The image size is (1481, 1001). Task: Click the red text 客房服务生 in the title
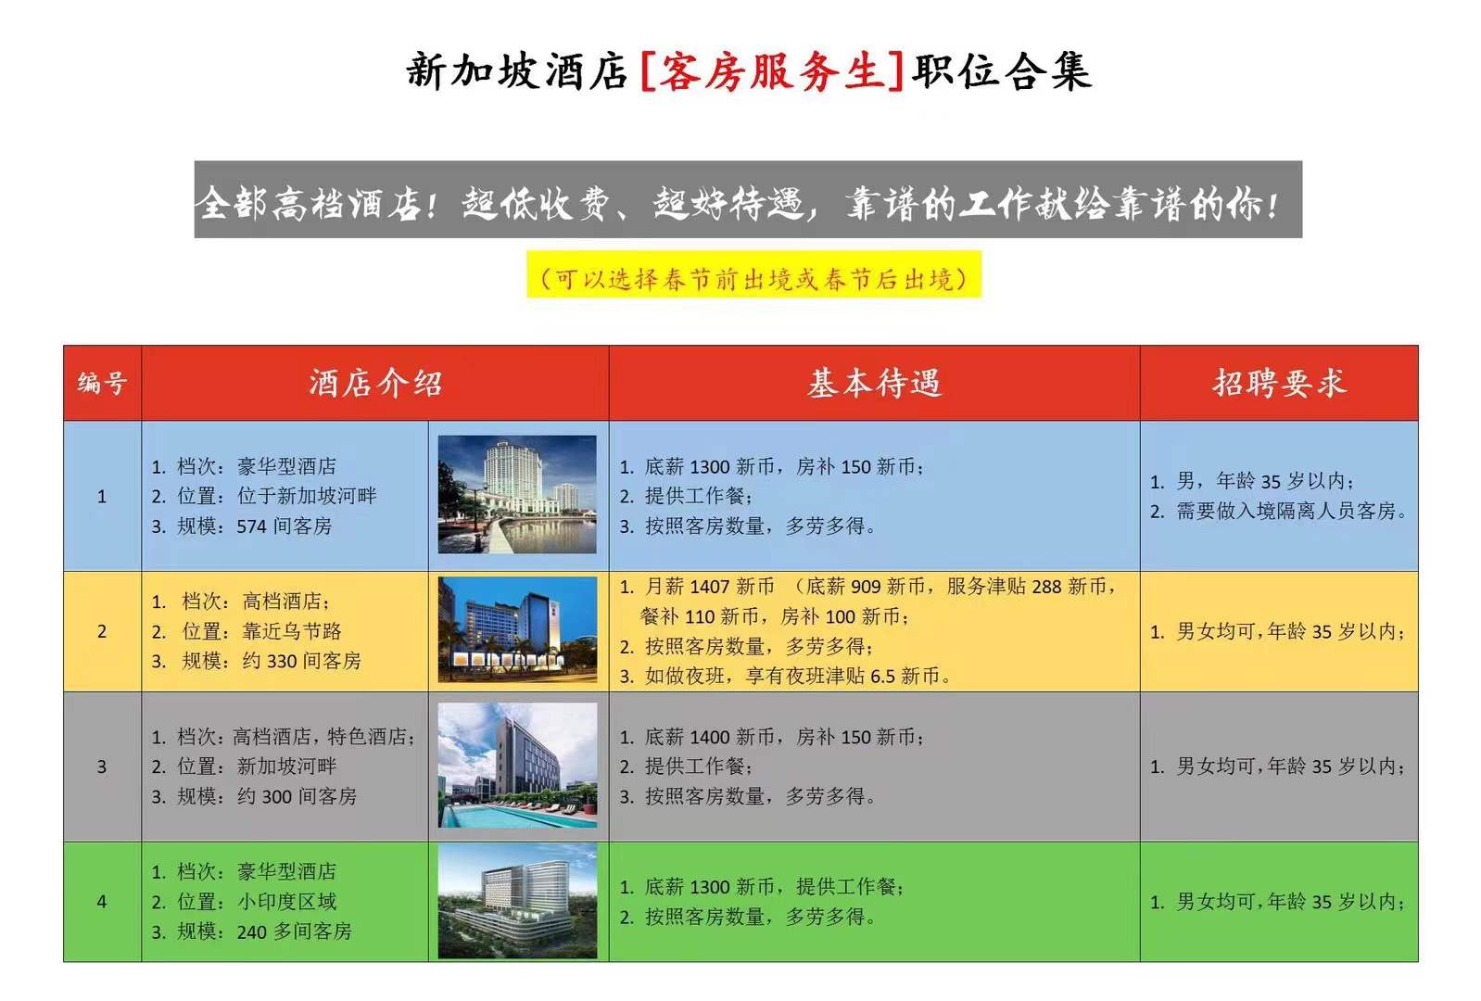[x=772, y=71]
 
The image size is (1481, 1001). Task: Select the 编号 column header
[x=102, y=383]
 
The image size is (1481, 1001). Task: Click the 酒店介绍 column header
[x=374, y=383]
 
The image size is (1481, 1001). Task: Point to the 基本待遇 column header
[x=874, y=383]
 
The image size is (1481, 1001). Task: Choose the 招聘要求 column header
[x=1279, y=383]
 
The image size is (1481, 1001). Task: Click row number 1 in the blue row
[x=102, y=497]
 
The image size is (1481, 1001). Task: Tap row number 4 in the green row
[x=102, y=902]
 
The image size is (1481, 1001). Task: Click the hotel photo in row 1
[x=517, y=495]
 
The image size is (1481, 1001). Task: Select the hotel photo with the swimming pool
[x=517, y=765]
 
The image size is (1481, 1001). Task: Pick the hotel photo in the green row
[x=517, y=901]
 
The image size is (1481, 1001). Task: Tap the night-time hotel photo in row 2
[x=517, y=628]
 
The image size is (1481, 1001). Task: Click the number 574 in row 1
[x=251, y=527]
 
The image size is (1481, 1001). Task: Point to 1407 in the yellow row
[x=709, y=587]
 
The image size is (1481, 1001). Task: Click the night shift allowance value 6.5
[x=882, y=677]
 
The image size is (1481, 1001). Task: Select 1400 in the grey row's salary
[x=709, y=737]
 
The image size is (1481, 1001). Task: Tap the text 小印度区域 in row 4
[x=286, y=902]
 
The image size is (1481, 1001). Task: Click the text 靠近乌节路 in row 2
[x=292, y=631]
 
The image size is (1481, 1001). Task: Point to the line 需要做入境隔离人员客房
[x=1291, y=511]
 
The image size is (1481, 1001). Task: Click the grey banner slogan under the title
[x=748, y=199]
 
